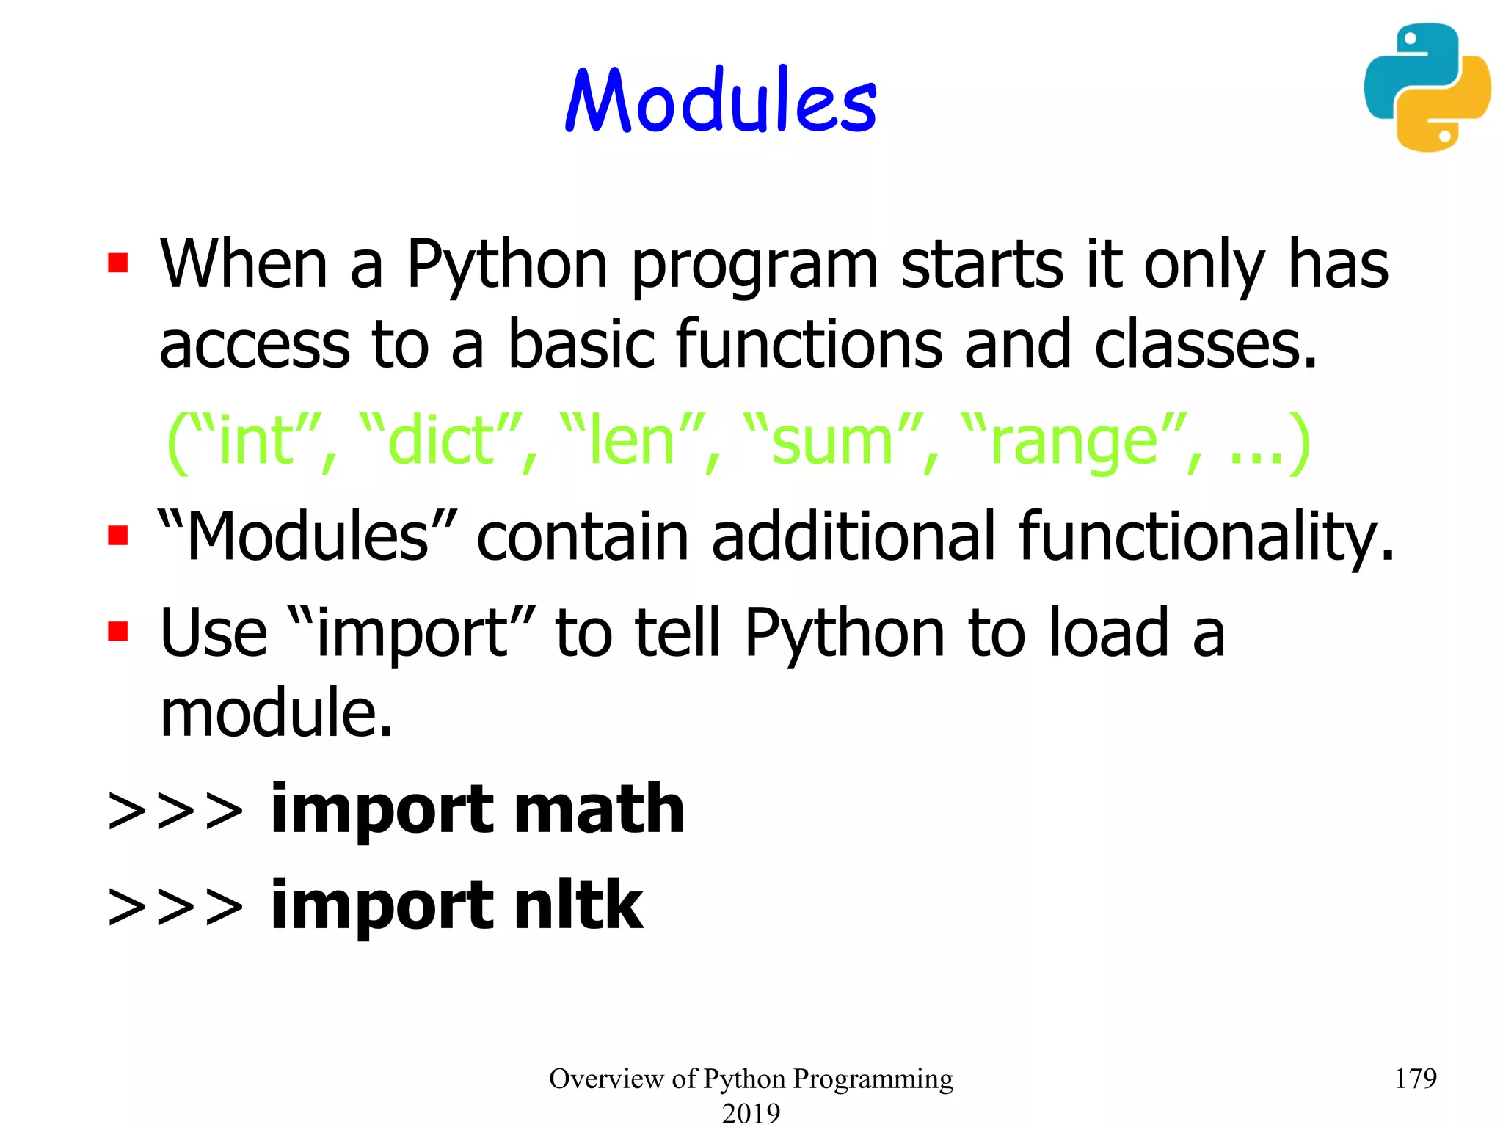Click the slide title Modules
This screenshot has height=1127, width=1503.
(x=721, y=101)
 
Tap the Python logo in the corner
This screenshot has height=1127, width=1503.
(x=1427, y=87)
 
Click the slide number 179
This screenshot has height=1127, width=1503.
(x=1414, y=1078)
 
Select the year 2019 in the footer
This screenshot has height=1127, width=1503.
(x=751, y=1113)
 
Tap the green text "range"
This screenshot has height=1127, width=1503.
(x=1073, y=441)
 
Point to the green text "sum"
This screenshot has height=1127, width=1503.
(x=831, y=441)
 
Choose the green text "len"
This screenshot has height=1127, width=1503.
(x=631, y=441)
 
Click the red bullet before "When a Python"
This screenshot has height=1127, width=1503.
(x=117, y=263)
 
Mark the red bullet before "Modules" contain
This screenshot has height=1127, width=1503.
(x=117, y=535)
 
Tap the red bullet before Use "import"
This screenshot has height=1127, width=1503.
(x=117, y=631)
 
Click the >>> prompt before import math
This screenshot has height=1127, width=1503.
(x=175, y=811)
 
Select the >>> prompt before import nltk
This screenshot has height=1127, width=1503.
(x=175, y=907)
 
